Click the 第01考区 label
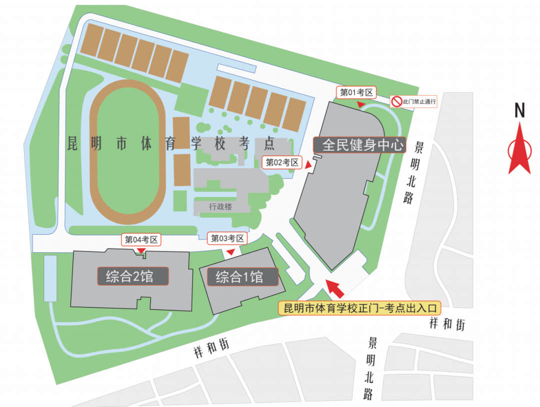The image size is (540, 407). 357,93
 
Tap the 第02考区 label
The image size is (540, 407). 282,162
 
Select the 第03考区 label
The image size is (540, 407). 228,239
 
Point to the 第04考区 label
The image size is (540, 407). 141,240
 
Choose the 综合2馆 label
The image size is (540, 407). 130,276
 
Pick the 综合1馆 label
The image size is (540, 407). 239,277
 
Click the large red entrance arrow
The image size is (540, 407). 335,288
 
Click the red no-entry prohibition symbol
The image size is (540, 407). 397,102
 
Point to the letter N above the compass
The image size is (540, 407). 519,111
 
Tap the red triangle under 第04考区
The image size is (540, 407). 141,250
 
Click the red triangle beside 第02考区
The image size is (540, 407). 308,164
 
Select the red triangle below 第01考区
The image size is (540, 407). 360,104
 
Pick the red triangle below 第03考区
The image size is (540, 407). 230,252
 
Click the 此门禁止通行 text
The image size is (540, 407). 420,102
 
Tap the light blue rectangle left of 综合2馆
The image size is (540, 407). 50,278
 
